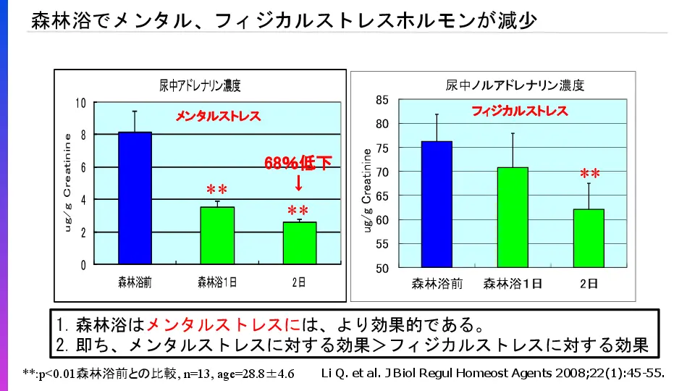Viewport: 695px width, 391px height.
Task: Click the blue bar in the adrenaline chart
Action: pyautogui.click(x=134, y=198)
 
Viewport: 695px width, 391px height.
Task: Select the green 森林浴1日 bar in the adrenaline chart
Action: pyautogui.click(x=217, y=235)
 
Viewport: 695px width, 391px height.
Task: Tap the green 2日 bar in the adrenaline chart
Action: pyautogui.click(x=299, y=243)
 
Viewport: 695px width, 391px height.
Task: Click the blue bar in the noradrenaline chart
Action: pyautogui.click(x=437, y=204)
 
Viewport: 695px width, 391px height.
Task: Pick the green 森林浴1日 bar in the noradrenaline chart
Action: pyautogui.click(x=513, y=217)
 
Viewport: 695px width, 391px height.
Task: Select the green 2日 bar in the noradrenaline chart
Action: pyautogui.click(x=589, y=238)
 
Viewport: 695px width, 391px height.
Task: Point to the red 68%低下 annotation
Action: pyautogui.click(x=298, y=164)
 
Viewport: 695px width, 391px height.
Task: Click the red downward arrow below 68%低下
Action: pyautogui.click(x=298, y=183)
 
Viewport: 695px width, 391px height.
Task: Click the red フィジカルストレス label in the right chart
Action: pyautogui.click(x=520, y=112)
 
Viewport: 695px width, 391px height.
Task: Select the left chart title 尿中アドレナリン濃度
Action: pyautogui.click(x=200, y=85)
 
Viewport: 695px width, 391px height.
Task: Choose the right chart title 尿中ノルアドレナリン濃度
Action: pyautogui.click(x=515, y=85)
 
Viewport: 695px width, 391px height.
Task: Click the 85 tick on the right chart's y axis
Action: pyautogui.click(x=382, y=100)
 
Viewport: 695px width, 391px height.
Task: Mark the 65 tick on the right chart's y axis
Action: pyautogui.click(x=382, y=195)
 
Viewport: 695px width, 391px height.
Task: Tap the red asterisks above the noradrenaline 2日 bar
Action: pyautogui.click(x=589, y=175)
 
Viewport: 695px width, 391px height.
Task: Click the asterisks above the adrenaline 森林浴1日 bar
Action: pyautogui.click(x=217, y=190)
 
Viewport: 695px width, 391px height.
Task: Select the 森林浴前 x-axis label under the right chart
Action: pyautogui.click(x=437, y=283)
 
